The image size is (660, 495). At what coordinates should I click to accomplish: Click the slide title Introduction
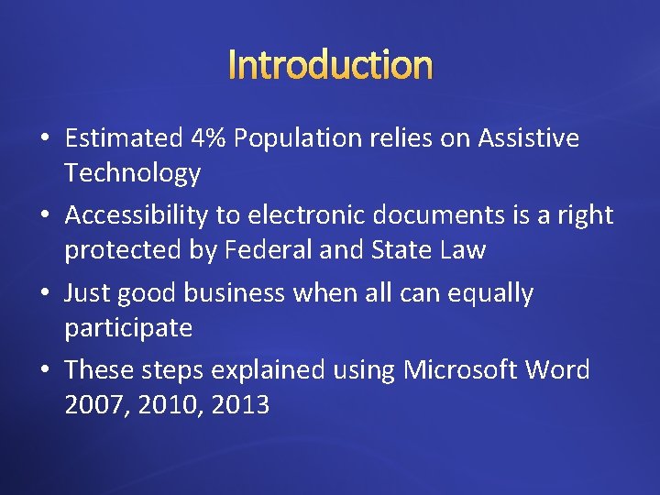(330, 65)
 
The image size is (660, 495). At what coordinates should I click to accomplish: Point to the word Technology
(133, 172)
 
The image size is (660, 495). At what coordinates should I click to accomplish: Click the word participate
(128, 327)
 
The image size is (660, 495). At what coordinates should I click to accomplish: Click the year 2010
(166, 404)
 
